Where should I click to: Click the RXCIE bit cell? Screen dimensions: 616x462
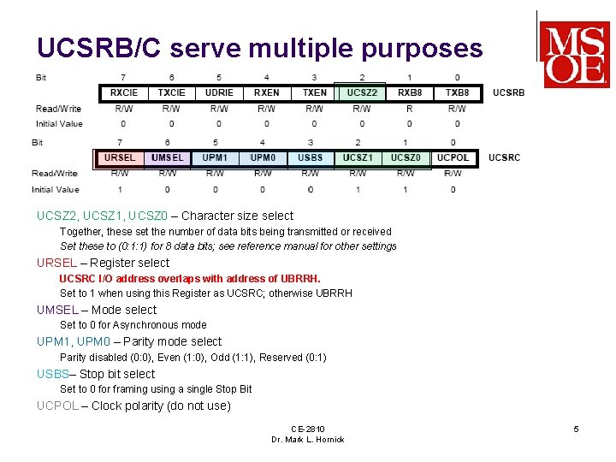click(x=124, y=92)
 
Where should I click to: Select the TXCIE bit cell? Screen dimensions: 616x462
click(x=171, y=92)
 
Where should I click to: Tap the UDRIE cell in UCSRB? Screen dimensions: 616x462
click(x=219, y=92)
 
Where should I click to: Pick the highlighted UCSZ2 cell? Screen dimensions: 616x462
click(x=362, y=92)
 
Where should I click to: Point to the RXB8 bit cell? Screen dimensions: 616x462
click(x=410, y=92)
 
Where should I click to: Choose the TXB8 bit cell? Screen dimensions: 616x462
click(x=457, y=92)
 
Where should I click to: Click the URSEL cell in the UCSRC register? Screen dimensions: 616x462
click(x=120, y=158)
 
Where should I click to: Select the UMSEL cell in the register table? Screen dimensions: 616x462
click(x=167, y=158)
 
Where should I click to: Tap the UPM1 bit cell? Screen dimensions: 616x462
click(x=215, y=158)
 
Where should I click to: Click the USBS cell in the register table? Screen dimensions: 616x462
click(x=310, y=158)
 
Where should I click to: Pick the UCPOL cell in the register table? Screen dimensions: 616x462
click(x=453, y=158)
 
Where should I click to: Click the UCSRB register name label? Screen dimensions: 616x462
click(x=509, y=92)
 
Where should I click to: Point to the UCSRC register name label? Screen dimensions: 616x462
click(x=505, y=158)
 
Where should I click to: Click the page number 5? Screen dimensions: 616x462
click(x=576, y=429)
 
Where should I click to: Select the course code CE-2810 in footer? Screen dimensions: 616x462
click(x=308, y=429)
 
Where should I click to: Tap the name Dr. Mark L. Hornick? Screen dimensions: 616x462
click(x=308, y=440)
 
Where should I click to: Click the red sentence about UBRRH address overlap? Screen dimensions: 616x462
click(x=190, y=279)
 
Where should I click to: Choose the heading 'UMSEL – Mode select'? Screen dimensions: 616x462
click(x=97, y=310)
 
